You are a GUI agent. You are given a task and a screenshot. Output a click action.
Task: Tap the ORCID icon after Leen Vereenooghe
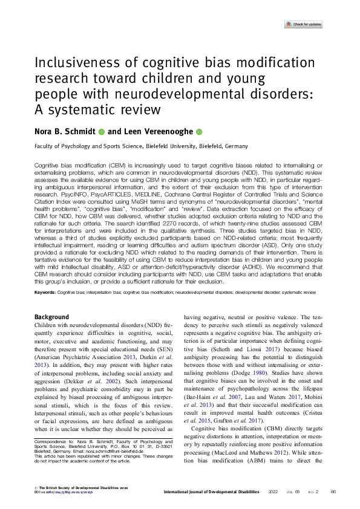198,131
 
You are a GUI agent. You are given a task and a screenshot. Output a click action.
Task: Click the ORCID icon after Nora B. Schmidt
102,131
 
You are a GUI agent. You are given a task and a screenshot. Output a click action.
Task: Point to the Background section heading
52,317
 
